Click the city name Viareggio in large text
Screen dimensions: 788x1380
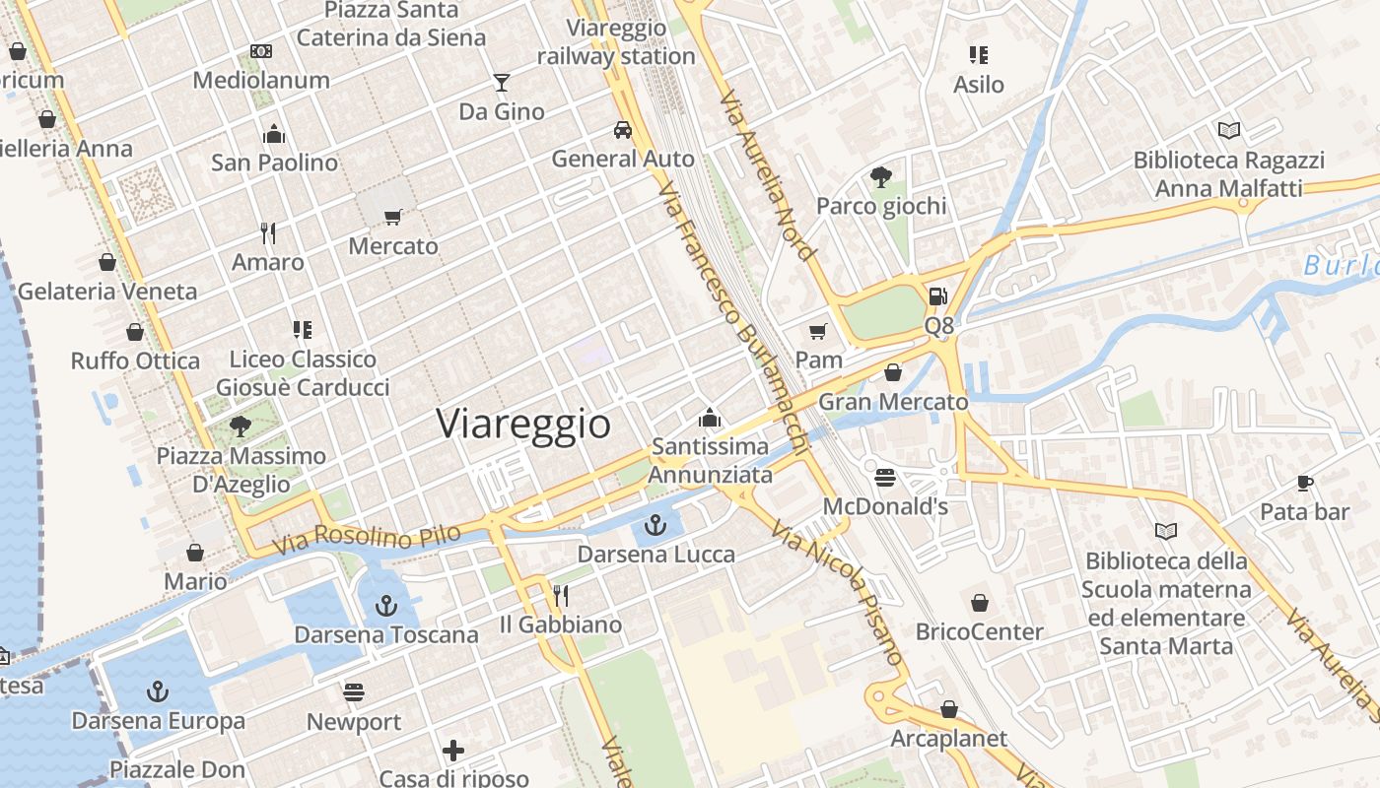pos(523,424)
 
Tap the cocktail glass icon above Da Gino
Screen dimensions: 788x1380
pos(502,82)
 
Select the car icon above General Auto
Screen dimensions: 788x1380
pos(623,129)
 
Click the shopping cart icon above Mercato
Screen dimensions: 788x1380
pos(393,217)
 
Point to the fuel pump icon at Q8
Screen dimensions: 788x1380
pos(938,295)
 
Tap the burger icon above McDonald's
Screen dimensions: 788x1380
pos(885,478)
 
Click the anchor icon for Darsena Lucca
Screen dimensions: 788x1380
pos(655,525)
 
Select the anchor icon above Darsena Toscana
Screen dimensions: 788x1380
pos(386,605)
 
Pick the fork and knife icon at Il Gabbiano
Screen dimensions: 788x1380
pos(561,595)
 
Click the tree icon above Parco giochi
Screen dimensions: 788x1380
pos(881,177)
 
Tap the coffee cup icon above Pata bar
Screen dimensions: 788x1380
pos(1305,483)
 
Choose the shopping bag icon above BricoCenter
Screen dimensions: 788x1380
pos(980,603)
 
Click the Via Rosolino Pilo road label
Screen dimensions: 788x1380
pos(368,538)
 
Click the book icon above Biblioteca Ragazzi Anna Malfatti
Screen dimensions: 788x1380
pos(1228,130)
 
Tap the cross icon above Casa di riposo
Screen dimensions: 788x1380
pos(453,751)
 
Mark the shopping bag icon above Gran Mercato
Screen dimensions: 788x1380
pos(893,372)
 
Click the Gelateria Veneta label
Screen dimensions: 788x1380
pos(107,292)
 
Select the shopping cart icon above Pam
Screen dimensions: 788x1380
pos(817,330)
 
